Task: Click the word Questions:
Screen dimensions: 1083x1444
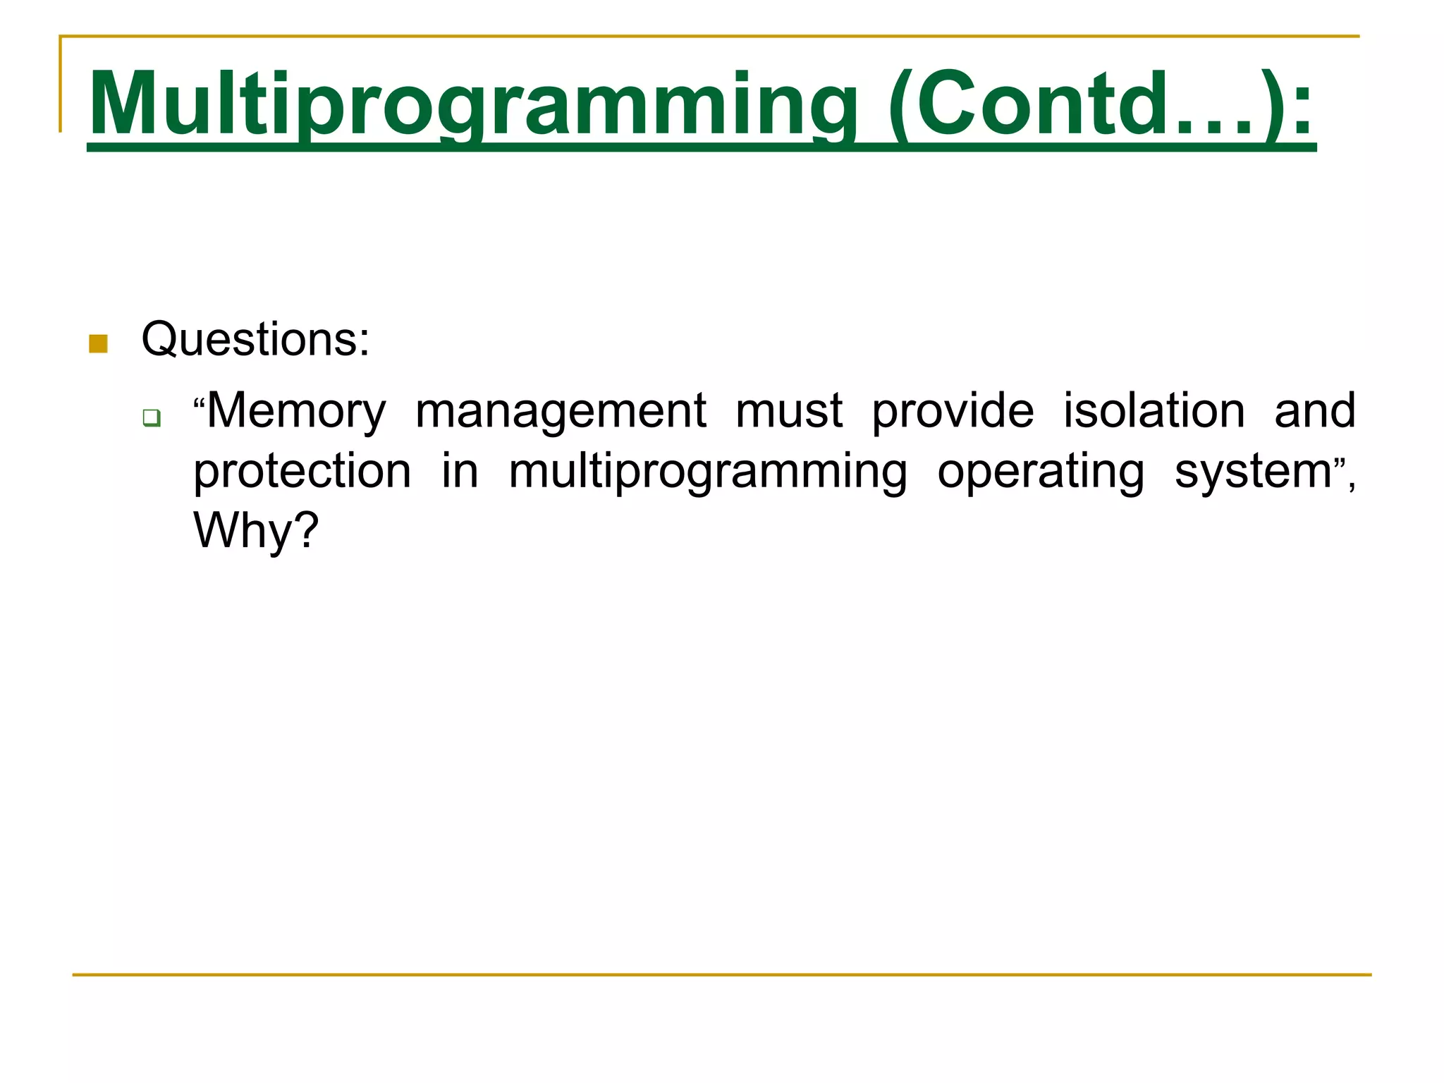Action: click(255, 341)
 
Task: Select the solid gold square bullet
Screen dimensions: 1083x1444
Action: click(99, 344)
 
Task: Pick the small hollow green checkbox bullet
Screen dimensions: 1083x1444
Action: click(151, 417)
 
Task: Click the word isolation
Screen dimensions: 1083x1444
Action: click(1154, 411)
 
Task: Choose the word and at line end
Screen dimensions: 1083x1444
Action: click(1315, 411)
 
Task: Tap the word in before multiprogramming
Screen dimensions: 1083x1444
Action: click(460, 471)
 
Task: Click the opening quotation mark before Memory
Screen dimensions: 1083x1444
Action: click(199, 403)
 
